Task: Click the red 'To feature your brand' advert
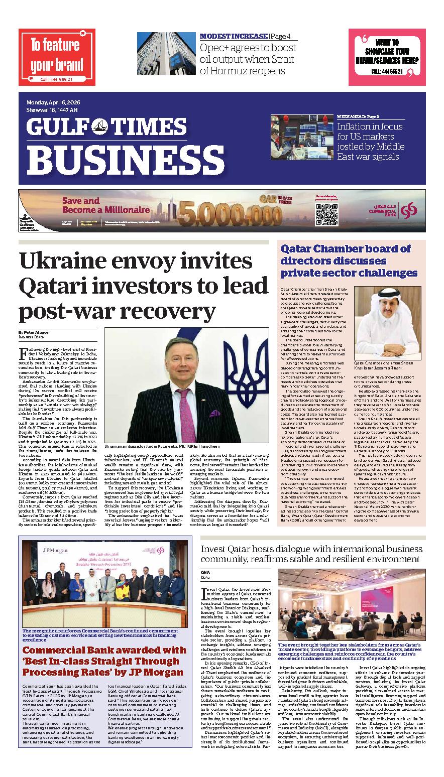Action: pyautogui.click(x=56, y=57)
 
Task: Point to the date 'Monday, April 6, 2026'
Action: pyautogui.click(x=54, y=103)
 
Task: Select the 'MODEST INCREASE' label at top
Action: pyautogui.click(x=233, y=36)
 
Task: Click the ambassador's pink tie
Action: pyautogui.click(x=185, y=414)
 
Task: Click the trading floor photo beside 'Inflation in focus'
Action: pyautogui.click(x=302, y=137)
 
